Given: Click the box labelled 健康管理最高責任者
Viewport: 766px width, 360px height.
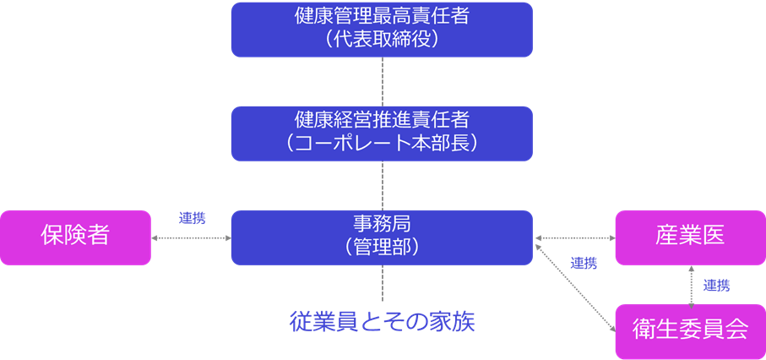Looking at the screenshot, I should tap(382, 29).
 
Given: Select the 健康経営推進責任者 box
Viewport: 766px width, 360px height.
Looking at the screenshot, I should tap(382, 133).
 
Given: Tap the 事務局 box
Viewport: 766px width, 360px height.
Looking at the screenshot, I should tap(382, 237).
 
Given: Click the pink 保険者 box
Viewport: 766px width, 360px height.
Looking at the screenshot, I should tap(75, 237).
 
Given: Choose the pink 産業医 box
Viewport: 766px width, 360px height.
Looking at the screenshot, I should tap(690, 237).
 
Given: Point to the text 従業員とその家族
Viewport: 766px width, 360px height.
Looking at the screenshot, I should tap(382, 322).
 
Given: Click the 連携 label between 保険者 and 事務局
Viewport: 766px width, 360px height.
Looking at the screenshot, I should tap(192, 218).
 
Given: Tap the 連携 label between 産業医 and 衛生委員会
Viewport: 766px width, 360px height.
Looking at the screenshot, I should tap(716, 286).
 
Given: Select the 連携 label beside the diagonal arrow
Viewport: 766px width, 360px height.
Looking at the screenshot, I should tap(583, 263).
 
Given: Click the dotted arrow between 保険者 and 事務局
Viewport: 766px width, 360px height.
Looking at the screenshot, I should tap(191, 238).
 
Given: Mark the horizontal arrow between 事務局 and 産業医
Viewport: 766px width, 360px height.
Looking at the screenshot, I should tap(573, 238).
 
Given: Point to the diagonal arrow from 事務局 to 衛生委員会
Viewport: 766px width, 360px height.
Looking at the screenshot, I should tap(574, 286).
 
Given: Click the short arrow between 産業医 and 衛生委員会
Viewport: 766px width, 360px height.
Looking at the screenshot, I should tap(691, 286).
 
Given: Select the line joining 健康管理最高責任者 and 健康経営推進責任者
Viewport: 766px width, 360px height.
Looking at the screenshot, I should tap(383, 81).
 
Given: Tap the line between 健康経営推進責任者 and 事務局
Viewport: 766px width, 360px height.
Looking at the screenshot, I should tap(383, 186).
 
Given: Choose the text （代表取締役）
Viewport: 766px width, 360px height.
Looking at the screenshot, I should tap(382, 39).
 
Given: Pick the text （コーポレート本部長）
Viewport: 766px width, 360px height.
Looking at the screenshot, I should tap(382, 144).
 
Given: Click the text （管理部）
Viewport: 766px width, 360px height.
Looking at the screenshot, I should tap(382, 248).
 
